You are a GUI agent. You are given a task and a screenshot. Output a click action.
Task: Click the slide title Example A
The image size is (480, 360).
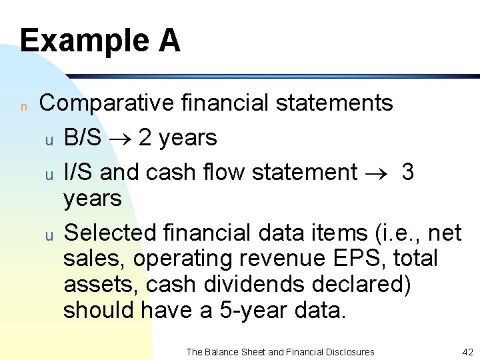tap(100, 40)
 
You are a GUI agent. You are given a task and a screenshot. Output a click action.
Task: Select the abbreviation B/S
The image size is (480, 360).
tap(83, 138)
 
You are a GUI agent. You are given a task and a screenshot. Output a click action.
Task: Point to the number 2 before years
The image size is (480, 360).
tap(145, 138)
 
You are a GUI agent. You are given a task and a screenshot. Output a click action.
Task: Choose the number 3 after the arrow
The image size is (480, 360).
tap(408, 172)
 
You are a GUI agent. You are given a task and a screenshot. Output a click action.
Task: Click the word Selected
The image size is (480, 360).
tap(108, 233)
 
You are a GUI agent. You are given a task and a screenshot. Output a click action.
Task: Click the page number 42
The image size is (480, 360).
tap(467, 351)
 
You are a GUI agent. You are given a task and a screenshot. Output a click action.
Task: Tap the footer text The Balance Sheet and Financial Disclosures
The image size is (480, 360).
tap(280, 351)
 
